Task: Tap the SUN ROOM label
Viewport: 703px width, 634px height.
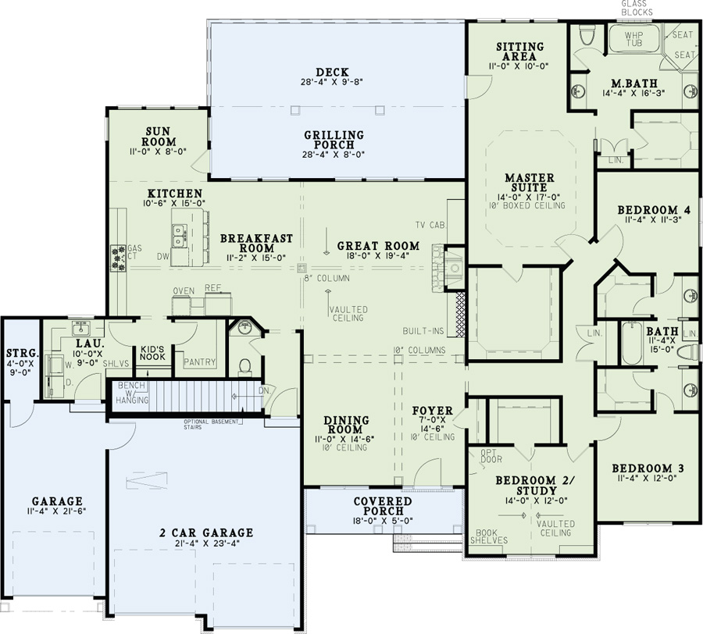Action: (x=159, y=137)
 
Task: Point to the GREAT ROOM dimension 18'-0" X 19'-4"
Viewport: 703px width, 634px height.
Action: (x=378, y=258)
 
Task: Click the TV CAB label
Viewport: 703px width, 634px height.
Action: (x=430, y=225)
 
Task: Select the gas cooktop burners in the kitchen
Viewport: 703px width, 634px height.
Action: (x=120, y=256)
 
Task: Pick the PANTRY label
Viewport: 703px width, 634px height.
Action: (x=199, y=362)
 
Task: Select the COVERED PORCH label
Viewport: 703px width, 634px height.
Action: (x=382, y=505)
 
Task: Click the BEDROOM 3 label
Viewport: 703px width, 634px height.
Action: (x=649, y=468)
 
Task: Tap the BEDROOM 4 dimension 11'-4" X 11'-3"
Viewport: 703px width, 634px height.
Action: (x=653, y=221)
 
